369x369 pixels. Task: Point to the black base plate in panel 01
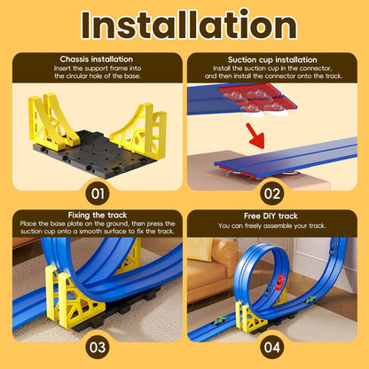[x=98, y=152]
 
